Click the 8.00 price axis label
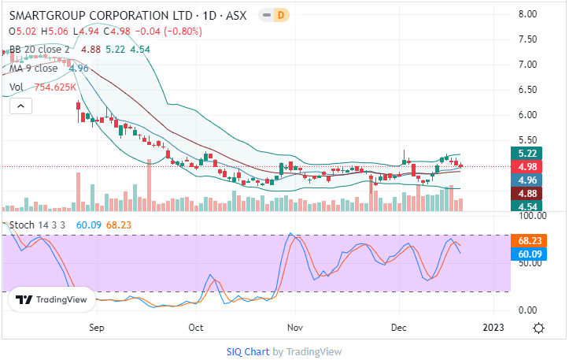(527, 14)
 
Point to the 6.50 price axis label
(527, 90)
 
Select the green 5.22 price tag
(527, 153)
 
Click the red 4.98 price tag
(527, 166)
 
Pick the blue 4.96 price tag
(527, 180)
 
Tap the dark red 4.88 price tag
(527, 193)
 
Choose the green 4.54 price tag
(527, 206)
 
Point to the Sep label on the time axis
(97, 326)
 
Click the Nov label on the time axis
(295, 326)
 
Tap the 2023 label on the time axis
(493, 326)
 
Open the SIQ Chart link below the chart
(247, 351)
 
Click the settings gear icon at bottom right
(539, 328)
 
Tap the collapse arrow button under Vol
(21, 106)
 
